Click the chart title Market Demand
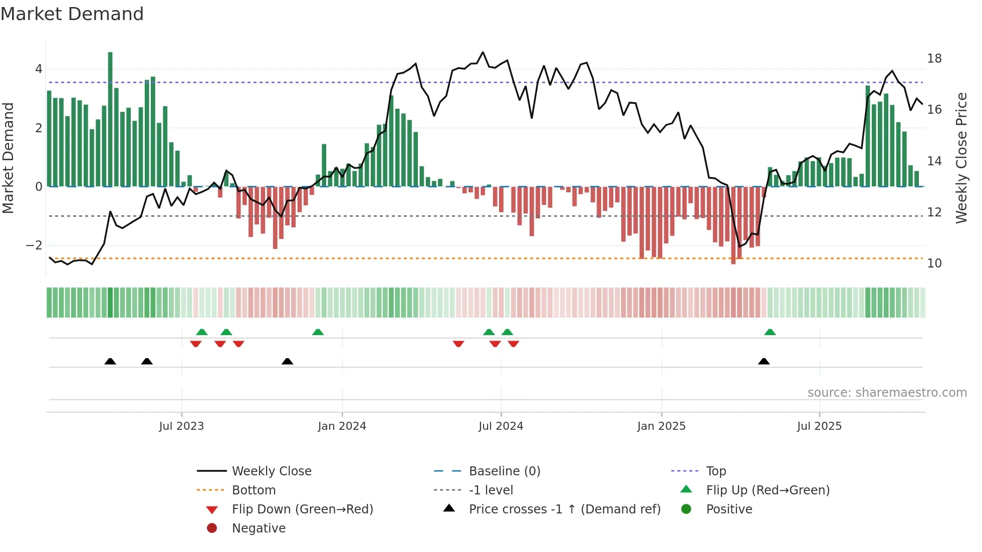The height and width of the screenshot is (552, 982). point(72,14)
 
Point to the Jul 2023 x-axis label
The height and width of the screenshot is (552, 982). point(181,426)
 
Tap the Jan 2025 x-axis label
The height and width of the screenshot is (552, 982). point(661,426)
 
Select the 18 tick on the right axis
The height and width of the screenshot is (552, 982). point(934,59)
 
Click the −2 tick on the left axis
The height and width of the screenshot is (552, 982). point(34,245)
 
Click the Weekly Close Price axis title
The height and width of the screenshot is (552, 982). point(961,158)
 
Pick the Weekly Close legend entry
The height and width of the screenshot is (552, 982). point(271,471)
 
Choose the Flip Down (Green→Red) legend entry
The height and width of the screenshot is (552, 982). point(302,509)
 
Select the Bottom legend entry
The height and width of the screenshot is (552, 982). point(254,490)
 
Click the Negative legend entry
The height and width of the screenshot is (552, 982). point(259,528)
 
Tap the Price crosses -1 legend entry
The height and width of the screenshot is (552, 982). point(564,509)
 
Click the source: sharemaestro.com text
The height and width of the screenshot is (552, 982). point(887,393)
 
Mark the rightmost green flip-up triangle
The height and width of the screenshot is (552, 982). point(770,332)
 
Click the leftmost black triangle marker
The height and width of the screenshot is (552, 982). point(110,362)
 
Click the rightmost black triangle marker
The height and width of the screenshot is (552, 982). point(764,362)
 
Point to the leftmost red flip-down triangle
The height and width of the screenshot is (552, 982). point(196,344)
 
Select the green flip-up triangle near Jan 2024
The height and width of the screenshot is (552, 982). point(318,332)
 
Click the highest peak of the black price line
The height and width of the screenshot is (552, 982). point(483,52)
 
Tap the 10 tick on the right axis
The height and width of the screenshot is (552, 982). point(934,263)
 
